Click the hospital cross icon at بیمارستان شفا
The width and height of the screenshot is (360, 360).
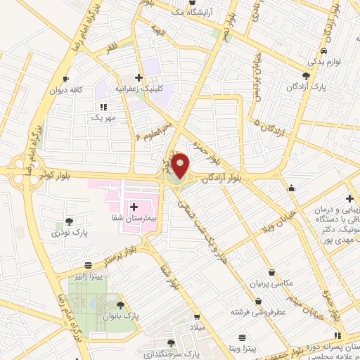[x=134, y=207]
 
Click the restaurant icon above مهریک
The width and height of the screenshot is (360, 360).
[x=103, y=107]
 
